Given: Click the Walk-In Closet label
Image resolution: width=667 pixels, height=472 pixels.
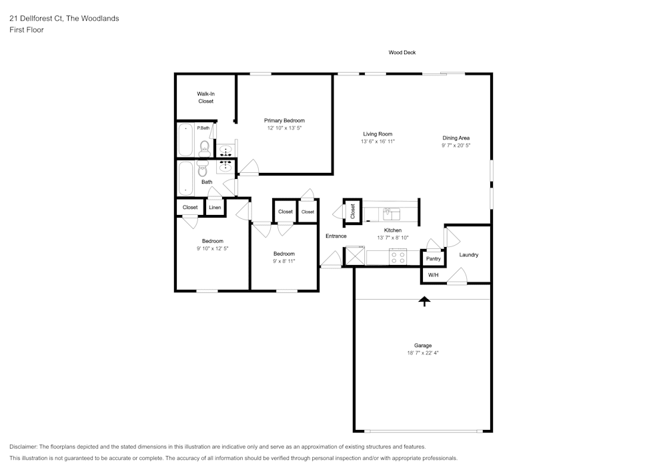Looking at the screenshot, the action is coord(206,97).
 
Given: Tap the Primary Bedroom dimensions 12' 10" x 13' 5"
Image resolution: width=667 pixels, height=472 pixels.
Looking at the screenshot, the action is coord(284,128).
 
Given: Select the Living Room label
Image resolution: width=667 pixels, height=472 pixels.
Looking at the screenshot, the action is coord(378,134).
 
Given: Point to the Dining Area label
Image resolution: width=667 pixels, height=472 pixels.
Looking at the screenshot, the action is coord(456,138).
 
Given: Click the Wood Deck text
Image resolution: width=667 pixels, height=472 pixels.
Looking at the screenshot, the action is coord(402,52).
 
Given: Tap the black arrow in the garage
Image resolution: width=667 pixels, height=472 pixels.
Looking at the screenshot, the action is coord(424,301).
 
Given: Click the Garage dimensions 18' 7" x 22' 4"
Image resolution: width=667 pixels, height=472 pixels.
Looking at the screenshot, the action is coord(423,352).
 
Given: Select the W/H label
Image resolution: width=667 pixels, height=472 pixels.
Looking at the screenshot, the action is coord(433,275).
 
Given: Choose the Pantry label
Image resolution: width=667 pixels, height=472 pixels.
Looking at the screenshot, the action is coord(434,259).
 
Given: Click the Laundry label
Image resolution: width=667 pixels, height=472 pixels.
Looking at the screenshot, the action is coord(469,254).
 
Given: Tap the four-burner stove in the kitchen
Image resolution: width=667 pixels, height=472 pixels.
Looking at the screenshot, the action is coord(398,258).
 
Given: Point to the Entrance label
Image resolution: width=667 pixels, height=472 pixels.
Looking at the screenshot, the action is coord(336,236).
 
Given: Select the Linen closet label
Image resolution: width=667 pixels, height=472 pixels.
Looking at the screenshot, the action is coord(215,207).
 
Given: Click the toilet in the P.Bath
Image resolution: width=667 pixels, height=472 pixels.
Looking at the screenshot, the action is coord(205,148).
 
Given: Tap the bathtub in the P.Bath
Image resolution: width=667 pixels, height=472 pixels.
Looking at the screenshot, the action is coord(185,140).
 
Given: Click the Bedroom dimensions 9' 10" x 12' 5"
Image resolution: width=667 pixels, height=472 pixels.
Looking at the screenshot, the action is coord(212,248).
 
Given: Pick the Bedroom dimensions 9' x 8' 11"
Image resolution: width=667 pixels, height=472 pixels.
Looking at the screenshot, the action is coord(283,261).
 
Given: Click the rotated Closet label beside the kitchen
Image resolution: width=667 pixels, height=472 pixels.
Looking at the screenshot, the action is coord(352,212).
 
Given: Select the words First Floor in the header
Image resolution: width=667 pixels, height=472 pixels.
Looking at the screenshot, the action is coord(27,30).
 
